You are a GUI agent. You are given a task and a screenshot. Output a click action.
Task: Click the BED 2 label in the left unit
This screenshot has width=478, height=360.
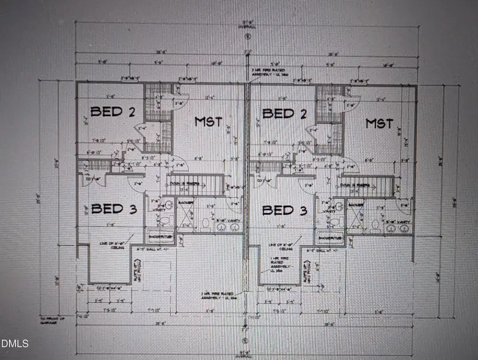tap(112, 112)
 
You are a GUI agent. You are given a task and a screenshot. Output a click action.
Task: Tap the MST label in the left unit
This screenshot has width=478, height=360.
tap(208, 122)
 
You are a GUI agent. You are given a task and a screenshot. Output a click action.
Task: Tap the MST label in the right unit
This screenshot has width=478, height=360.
tap(380, 124)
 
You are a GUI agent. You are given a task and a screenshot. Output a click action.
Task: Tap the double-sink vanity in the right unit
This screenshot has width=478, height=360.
tap(398, 226)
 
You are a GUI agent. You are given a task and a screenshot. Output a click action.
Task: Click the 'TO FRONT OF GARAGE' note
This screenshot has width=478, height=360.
tap(52, 319)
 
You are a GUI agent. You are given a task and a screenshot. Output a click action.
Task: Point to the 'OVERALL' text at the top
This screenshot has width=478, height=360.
tap(246, 27)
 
